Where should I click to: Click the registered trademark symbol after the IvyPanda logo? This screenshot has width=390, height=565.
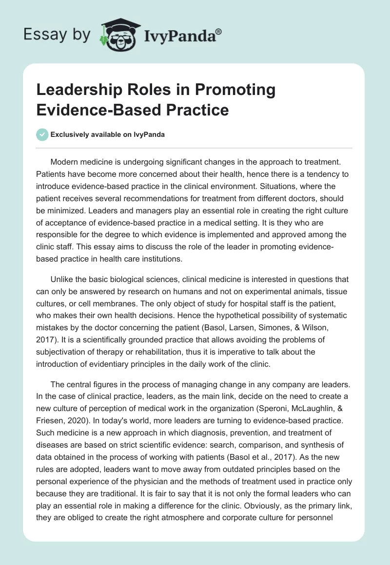point(219,32)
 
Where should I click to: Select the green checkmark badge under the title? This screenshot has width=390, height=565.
point(42,134)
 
